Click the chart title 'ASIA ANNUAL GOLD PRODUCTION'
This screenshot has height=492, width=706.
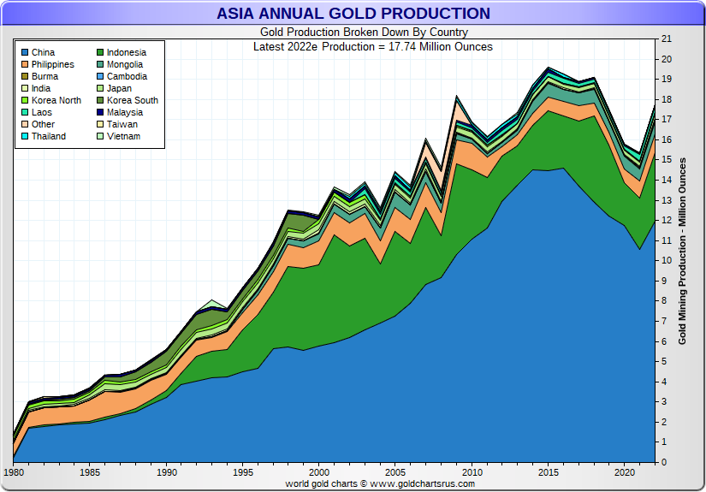353,14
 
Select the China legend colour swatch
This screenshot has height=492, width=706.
24,53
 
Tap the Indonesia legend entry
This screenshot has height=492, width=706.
126,53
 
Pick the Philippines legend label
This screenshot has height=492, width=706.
52,65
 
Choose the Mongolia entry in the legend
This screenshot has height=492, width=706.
124,65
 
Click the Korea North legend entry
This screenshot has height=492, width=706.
56,101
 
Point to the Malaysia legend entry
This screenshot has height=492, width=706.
124,113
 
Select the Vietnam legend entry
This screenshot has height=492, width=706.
123,137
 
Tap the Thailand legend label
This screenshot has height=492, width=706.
50,137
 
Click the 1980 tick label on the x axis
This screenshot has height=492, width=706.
15,472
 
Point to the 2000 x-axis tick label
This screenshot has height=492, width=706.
319,472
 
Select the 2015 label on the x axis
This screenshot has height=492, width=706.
548,472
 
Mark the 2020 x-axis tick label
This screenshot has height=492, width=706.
624,472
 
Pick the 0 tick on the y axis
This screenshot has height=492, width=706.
663,463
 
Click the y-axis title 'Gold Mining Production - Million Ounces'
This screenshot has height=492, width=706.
683,251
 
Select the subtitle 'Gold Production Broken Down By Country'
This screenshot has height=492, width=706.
352,33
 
